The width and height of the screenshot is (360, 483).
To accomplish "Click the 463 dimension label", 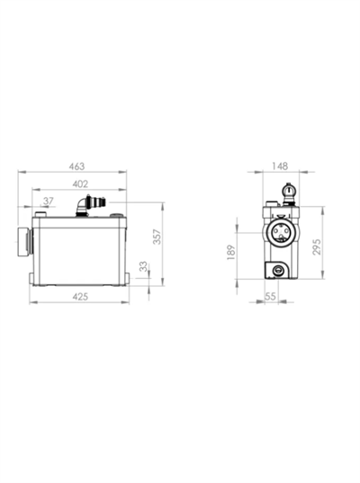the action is [x=76, y=166].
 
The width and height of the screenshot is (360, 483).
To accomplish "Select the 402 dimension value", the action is [x=80, y=183].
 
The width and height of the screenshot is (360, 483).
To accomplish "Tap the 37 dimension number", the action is [x=48, y=201].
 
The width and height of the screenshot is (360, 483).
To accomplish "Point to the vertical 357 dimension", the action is [x=157, y=237].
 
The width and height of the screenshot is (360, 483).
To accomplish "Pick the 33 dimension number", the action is [x=143, y=266].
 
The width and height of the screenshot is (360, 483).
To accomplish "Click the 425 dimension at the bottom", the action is [x=80, y=297].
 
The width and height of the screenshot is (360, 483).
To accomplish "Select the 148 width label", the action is [x=280, y=166].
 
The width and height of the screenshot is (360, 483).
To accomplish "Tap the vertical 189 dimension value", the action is [x=231, y=252].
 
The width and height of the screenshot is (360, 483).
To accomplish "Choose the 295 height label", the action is [x=317, y=246].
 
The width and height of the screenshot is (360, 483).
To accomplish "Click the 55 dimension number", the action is [x=270, y=296].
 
